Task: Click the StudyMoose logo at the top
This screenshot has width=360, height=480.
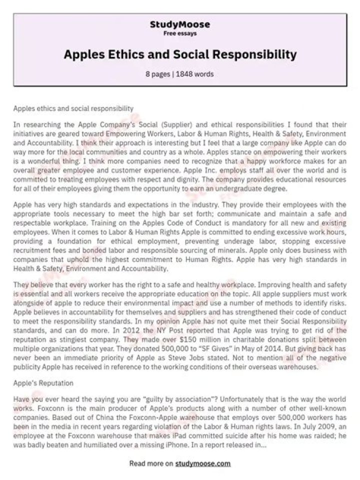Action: (180, 24)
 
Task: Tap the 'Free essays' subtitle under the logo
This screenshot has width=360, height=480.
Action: (180, 33)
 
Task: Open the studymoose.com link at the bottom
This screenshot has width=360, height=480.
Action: (203, 463)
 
